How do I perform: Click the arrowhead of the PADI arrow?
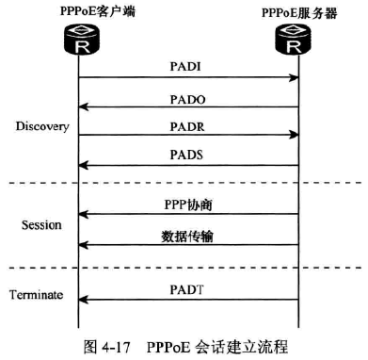tap(294, 78)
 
